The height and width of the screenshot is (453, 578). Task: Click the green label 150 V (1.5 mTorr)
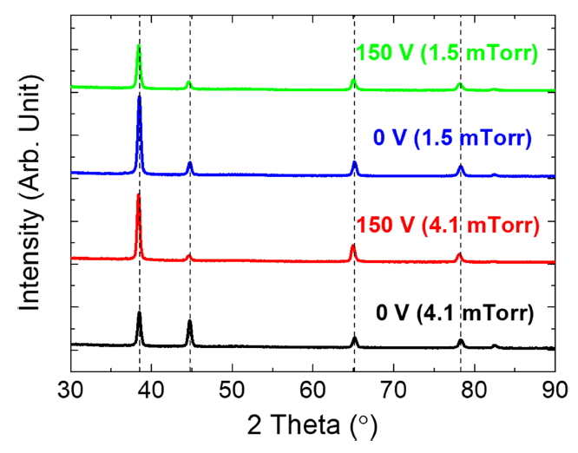[x=447, y=52]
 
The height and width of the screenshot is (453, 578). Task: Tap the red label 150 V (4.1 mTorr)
[x=448, y=226]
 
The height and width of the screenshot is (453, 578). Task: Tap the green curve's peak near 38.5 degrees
[x=138, y=47]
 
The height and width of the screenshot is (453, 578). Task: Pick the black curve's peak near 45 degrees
[x=189, y=322]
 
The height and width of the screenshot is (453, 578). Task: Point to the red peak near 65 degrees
[x=352, y=246]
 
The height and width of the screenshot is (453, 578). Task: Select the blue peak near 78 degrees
[x=461, y=166]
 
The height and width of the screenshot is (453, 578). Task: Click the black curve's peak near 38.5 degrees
[x=139, y=313]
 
